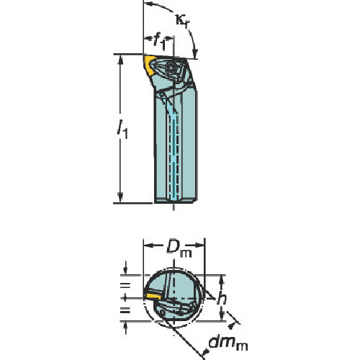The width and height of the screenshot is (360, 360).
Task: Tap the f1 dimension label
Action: pos(159,42)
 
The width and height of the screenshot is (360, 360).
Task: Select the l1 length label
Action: pos(122,130)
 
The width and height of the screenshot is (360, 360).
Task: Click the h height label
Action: pos(222,298)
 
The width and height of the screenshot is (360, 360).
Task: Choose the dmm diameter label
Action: pos(228,343)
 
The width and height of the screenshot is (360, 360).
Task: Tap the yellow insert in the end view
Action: pos(153,296)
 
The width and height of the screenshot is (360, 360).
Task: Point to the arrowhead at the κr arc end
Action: pos(195,53)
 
